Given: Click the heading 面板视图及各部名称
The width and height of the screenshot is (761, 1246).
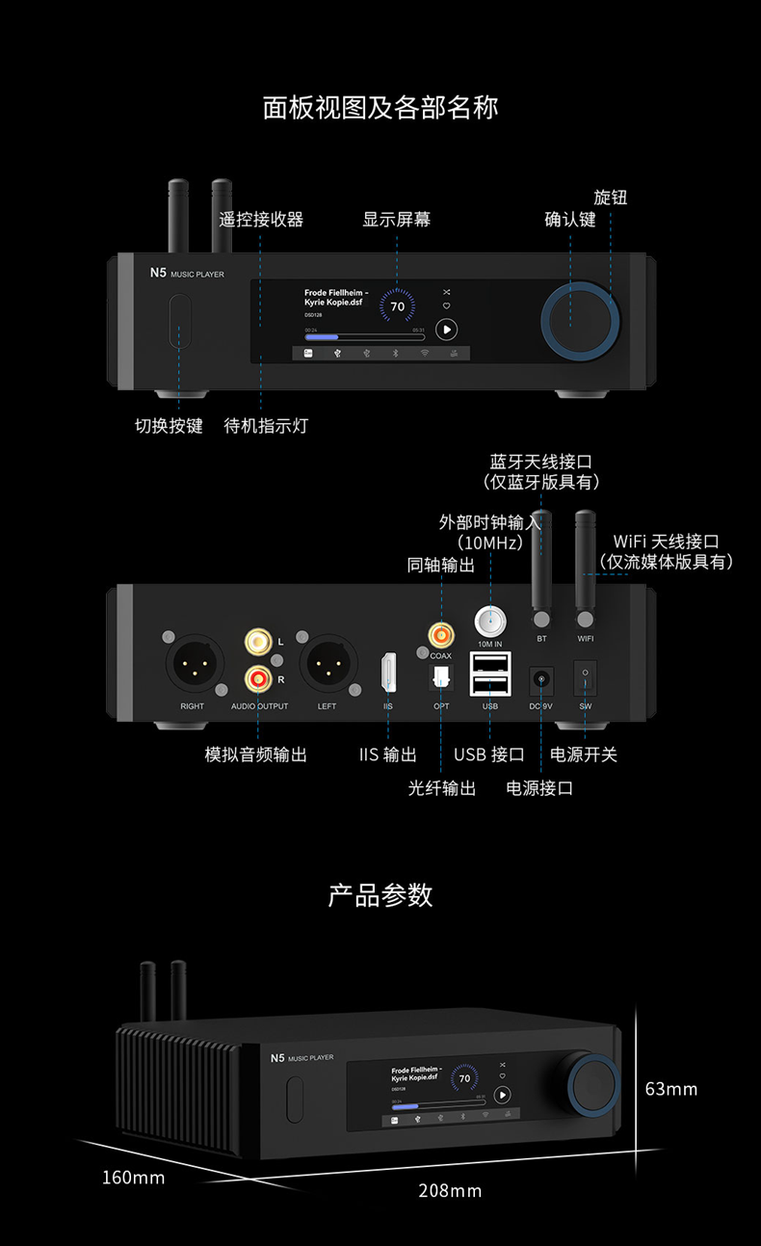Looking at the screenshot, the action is (380, 107).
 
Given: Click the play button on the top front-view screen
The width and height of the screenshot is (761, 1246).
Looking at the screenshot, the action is (446, 330).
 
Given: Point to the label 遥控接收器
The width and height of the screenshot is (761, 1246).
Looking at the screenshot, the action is (261, 220).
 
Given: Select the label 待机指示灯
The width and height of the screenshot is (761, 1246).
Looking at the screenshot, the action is (266, 425).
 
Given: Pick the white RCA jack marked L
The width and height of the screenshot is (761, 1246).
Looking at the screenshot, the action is (257, 641).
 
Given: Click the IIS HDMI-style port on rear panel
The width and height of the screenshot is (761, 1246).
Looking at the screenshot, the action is (388, 672).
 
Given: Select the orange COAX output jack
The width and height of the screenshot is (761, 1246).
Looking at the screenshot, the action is (441, 634).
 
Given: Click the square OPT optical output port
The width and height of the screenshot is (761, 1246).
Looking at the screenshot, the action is (441, 678).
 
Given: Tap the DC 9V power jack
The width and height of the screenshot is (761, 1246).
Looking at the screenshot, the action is (541, 680).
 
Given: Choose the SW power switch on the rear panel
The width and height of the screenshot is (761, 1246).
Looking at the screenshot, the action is (585, 678).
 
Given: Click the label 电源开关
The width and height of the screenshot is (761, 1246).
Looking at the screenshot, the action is (583, 755).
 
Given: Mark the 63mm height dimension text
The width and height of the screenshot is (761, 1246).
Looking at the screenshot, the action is (670, 1089).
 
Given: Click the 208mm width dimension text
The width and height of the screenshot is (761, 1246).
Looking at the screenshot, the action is (450, 1191).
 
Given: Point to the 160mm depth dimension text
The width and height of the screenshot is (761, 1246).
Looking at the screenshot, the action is (133, 1178).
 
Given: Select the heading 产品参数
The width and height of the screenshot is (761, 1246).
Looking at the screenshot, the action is (380, 895).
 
